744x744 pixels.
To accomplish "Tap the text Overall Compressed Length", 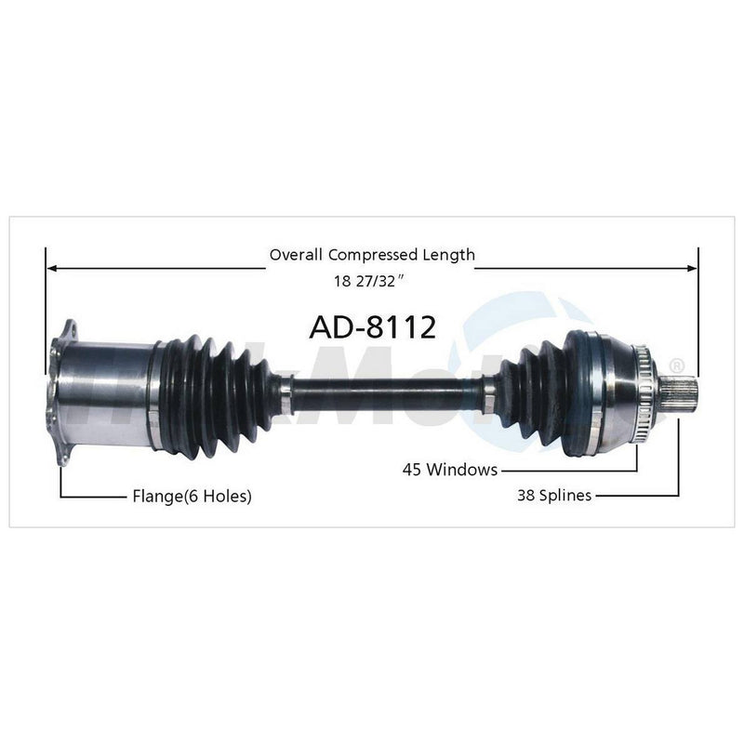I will [x=372, y=254].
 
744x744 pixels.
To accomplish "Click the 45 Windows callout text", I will [x=449, y=470].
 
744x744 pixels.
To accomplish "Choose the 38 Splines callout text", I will [x=554, y=496].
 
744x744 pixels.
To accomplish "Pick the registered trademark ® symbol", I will [x=678, y=365].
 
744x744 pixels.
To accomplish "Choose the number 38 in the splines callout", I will [x=527, y=496].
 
